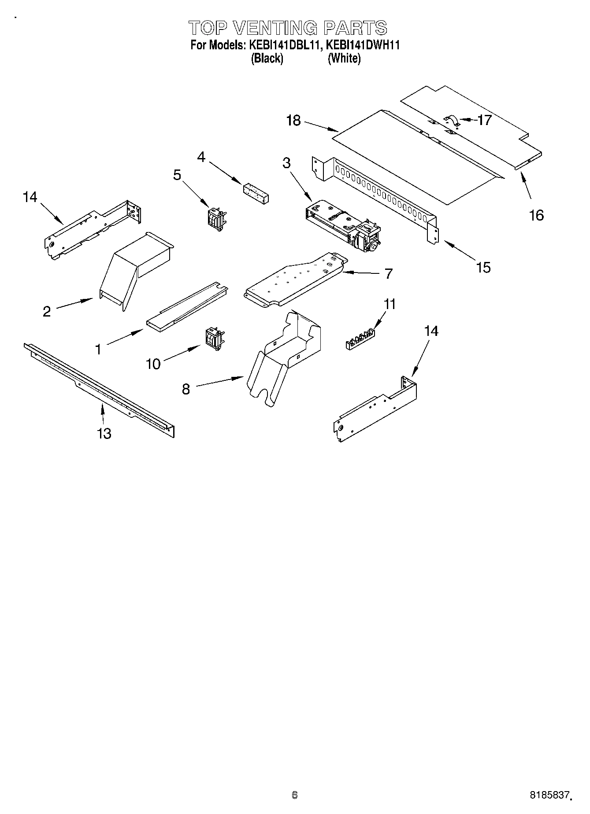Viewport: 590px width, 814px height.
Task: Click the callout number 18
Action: coord(293,120)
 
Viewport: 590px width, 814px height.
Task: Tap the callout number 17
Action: coord(484,120)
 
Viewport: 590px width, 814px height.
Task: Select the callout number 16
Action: coord(536,215)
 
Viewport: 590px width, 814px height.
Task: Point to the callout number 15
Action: coord(483,267)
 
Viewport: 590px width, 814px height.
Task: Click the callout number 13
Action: coord(104,434)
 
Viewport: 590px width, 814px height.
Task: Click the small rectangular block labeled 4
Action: coord(256,192)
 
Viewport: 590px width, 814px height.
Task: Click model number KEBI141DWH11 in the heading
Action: coord(363,45)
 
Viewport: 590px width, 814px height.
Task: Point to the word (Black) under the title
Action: coord(267,58)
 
